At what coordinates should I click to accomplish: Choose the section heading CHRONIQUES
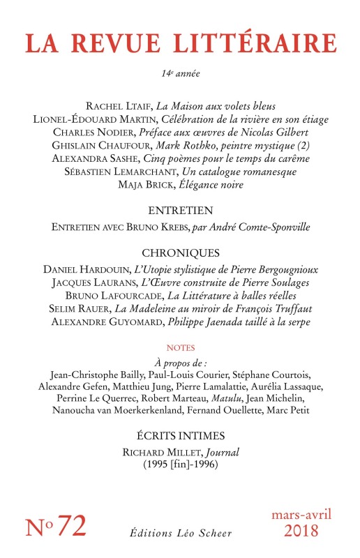click(x=180, y=252)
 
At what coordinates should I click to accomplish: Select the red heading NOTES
click(x=180, y=347)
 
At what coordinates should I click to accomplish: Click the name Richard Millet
click(x=140, y=453)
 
